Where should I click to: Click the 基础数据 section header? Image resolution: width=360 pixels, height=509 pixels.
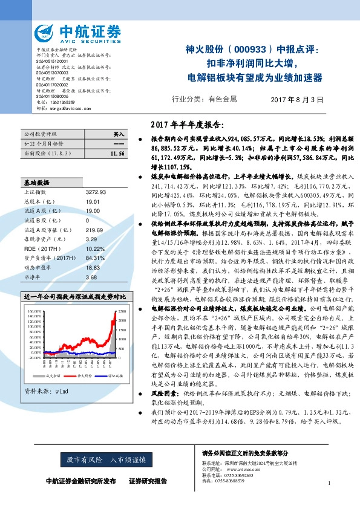[x=37, y=182]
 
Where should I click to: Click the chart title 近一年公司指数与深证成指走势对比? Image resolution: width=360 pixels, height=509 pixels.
[x=75, y=298]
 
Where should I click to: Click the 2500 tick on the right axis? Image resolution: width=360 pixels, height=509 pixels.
[x=121, y=311]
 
